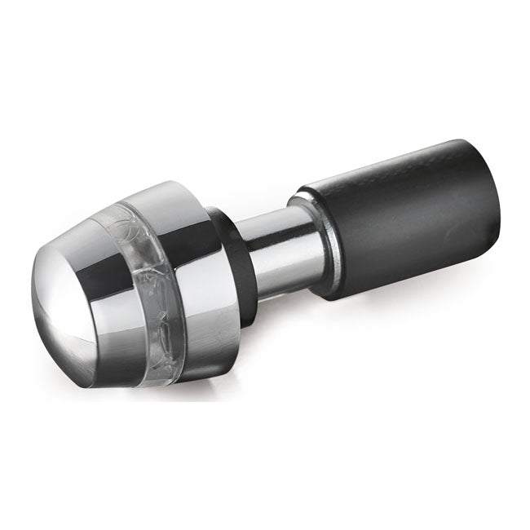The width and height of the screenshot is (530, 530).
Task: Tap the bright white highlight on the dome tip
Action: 57,310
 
